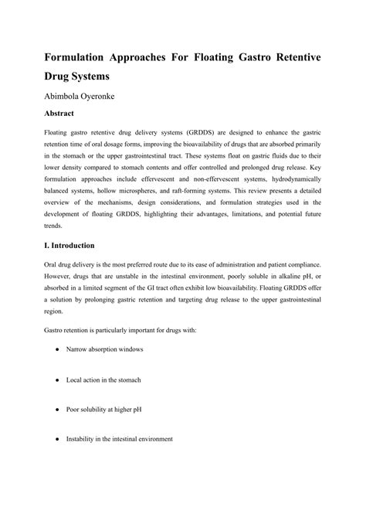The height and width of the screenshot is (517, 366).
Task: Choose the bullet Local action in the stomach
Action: click(x=103, y=380)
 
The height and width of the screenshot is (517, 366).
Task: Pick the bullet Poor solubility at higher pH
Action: click(x=103, y=409)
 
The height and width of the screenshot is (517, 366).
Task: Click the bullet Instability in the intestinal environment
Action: click(x=120, y=438)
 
